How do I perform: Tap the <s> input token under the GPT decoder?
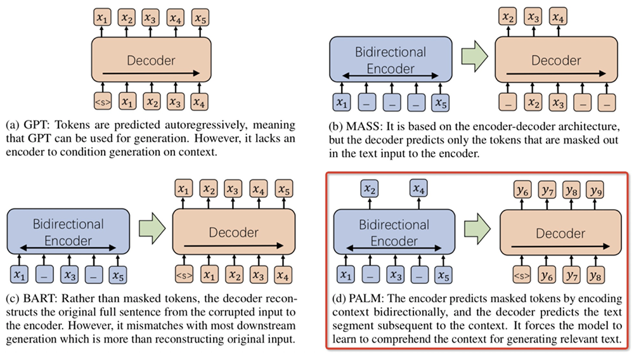tap(103, 101)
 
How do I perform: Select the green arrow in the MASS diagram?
tap(474, 58)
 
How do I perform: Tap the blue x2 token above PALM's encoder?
tap(370, 189)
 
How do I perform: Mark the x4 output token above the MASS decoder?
tap(557, 17)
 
